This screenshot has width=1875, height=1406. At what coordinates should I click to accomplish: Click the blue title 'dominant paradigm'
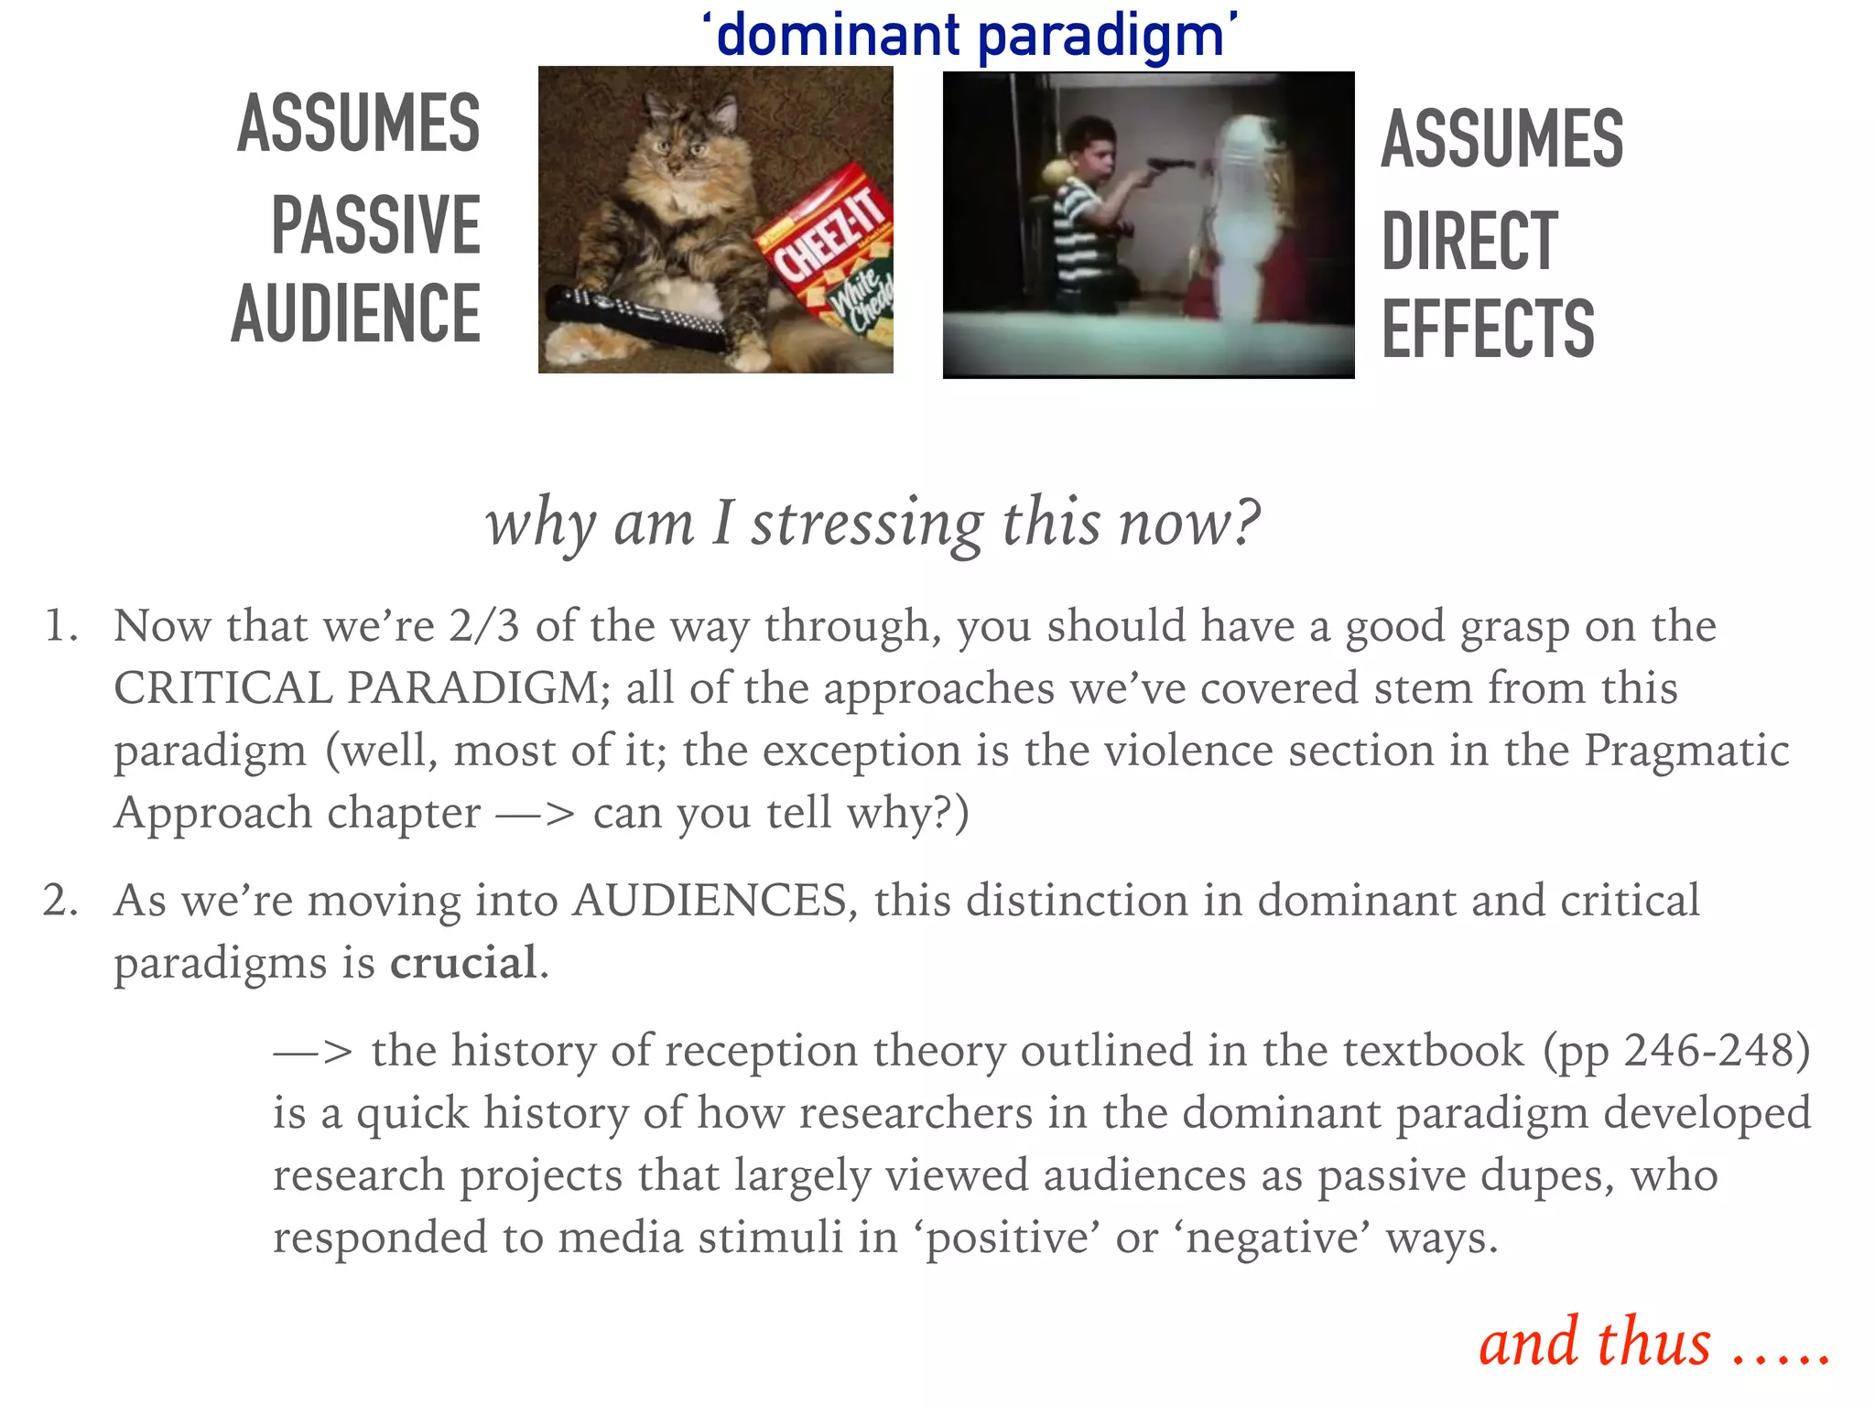[970, 37]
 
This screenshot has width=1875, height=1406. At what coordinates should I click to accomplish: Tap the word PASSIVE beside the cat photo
[375, 225]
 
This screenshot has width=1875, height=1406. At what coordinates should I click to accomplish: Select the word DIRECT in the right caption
[1469, 241]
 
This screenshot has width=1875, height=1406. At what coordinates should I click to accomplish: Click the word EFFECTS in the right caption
[1488, 329]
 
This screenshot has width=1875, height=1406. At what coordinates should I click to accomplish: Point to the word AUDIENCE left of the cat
[356, 314]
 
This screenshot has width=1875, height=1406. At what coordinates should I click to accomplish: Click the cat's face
[682, 146]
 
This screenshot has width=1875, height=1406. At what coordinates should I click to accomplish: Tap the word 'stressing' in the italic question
[867, 524]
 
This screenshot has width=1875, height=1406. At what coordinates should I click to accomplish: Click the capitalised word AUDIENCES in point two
[710, 901]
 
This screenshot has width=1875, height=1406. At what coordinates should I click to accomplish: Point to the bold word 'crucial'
[463, 963]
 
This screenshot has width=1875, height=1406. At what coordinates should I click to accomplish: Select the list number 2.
[59, 901]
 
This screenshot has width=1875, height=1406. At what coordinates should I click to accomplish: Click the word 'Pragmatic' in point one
[1686, 751]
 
